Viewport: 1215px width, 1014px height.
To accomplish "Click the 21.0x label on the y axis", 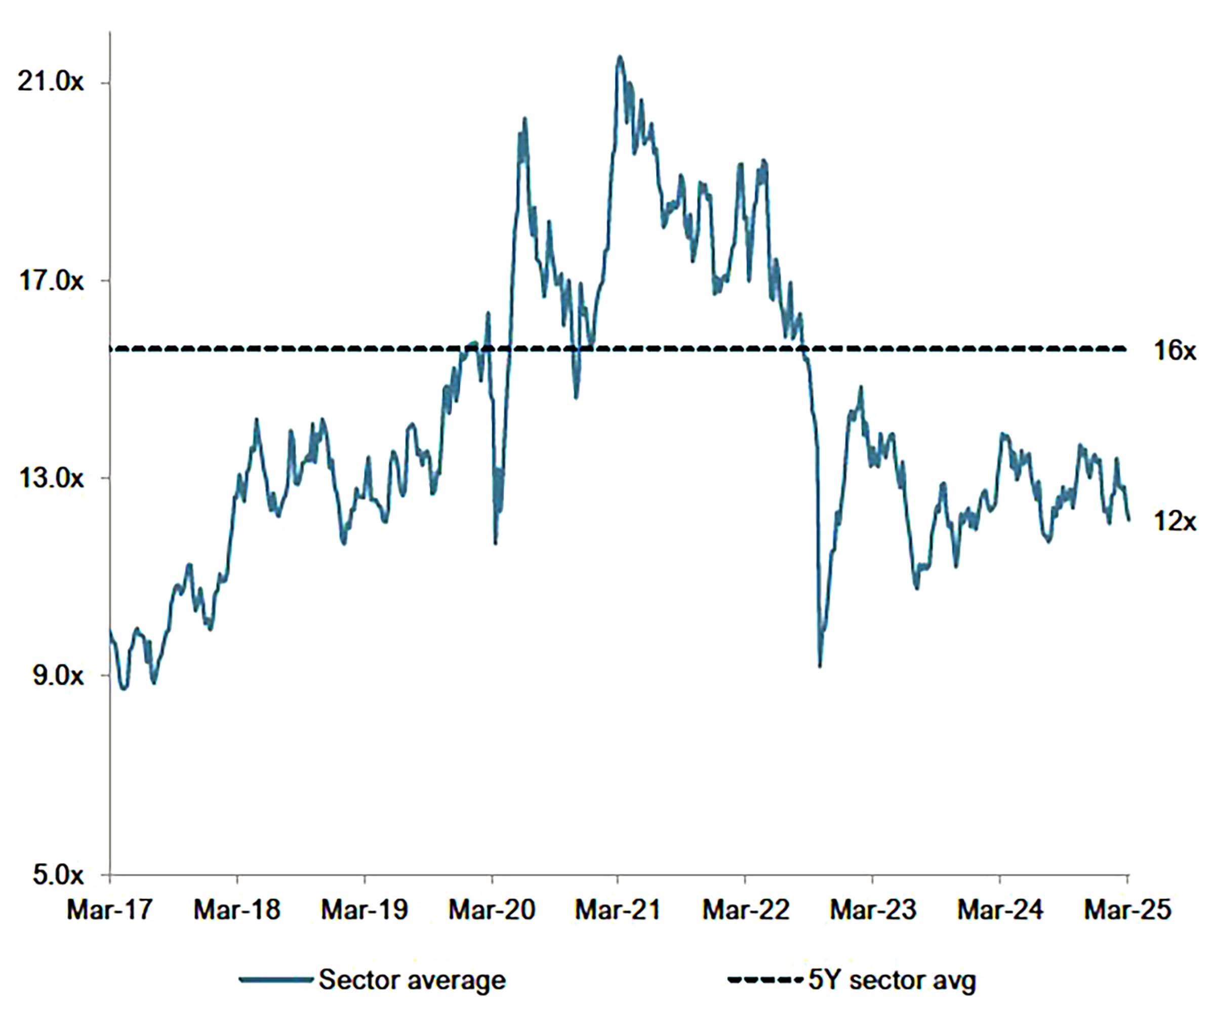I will click(50, 83).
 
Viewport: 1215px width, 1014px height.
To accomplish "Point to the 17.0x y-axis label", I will click(50, 281).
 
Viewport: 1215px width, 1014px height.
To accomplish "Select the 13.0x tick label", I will click(50, 479).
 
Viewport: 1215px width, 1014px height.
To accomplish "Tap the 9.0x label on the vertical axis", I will click(58, 676).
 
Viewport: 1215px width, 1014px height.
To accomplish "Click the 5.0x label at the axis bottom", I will click(58, 875).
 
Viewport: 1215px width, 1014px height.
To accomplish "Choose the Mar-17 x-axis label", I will click(109, 910).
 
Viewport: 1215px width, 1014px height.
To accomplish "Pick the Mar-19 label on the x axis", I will click(364, 910).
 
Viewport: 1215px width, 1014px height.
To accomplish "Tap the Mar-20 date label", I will click(492, 910).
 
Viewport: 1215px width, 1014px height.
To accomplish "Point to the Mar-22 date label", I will click(745, 910).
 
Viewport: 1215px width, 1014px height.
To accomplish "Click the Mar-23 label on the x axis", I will click(872, 910).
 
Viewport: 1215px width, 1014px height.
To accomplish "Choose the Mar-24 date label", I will click(1000, 910).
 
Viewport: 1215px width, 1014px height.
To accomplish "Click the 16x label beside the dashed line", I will click(1174, 350).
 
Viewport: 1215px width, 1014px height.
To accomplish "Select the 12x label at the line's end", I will click(1174, 522).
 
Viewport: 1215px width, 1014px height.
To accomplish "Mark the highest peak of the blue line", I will click(620, 57).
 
